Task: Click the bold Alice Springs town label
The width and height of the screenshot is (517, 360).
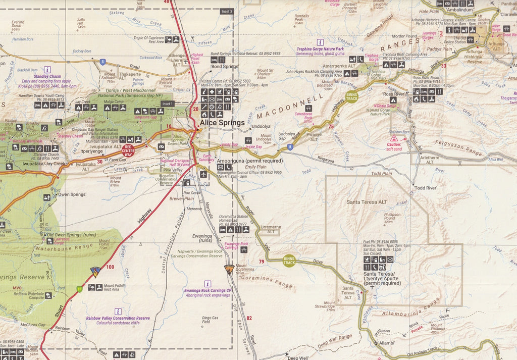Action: [222, 123]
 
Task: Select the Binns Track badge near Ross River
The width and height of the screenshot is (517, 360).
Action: [352, 96]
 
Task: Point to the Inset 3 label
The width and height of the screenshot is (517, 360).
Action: [227, 11]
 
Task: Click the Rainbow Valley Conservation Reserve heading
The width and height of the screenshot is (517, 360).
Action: [118, 318]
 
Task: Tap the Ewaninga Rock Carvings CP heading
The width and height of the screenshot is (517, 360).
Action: [208, 290]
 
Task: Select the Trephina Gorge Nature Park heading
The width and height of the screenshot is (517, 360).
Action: [320, 49]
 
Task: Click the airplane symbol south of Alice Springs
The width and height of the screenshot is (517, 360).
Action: [203, 174]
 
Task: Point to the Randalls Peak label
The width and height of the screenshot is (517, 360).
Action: [301, 18]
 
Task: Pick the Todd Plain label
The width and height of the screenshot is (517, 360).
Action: [381, 174]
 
